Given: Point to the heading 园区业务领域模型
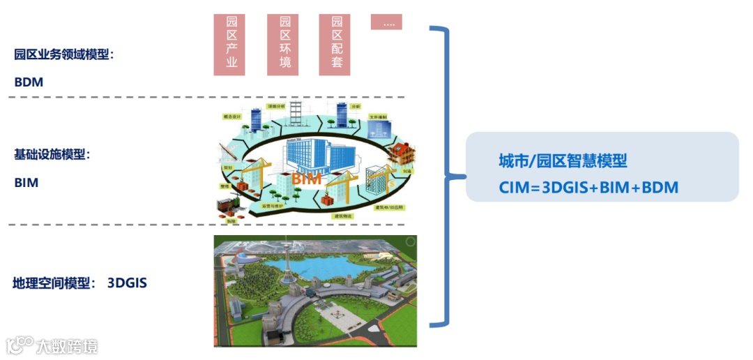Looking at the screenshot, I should coord(63,54).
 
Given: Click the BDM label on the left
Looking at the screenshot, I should coord(29,82).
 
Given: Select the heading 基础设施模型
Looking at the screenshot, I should coord(52,154).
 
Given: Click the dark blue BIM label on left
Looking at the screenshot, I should coord(26,183).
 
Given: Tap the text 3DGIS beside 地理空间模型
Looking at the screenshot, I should coord(127,283).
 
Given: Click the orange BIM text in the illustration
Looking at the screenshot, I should coord(306,179).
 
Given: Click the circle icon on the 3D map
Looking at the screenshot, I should coord(412,242).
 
